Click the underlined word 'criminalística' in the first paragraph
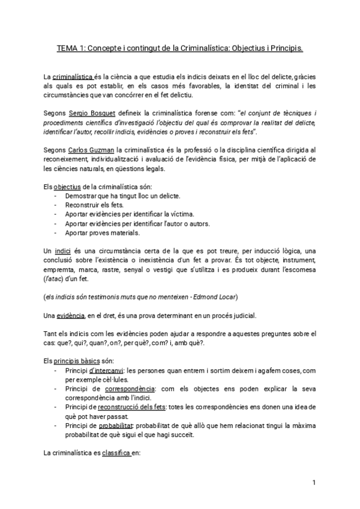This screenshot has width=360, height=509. tap(72, 77)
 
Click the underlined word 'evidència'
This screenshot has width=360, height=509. tap(69, 315)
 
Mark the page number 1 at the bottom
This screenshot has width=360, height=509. tap(314, 482)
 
